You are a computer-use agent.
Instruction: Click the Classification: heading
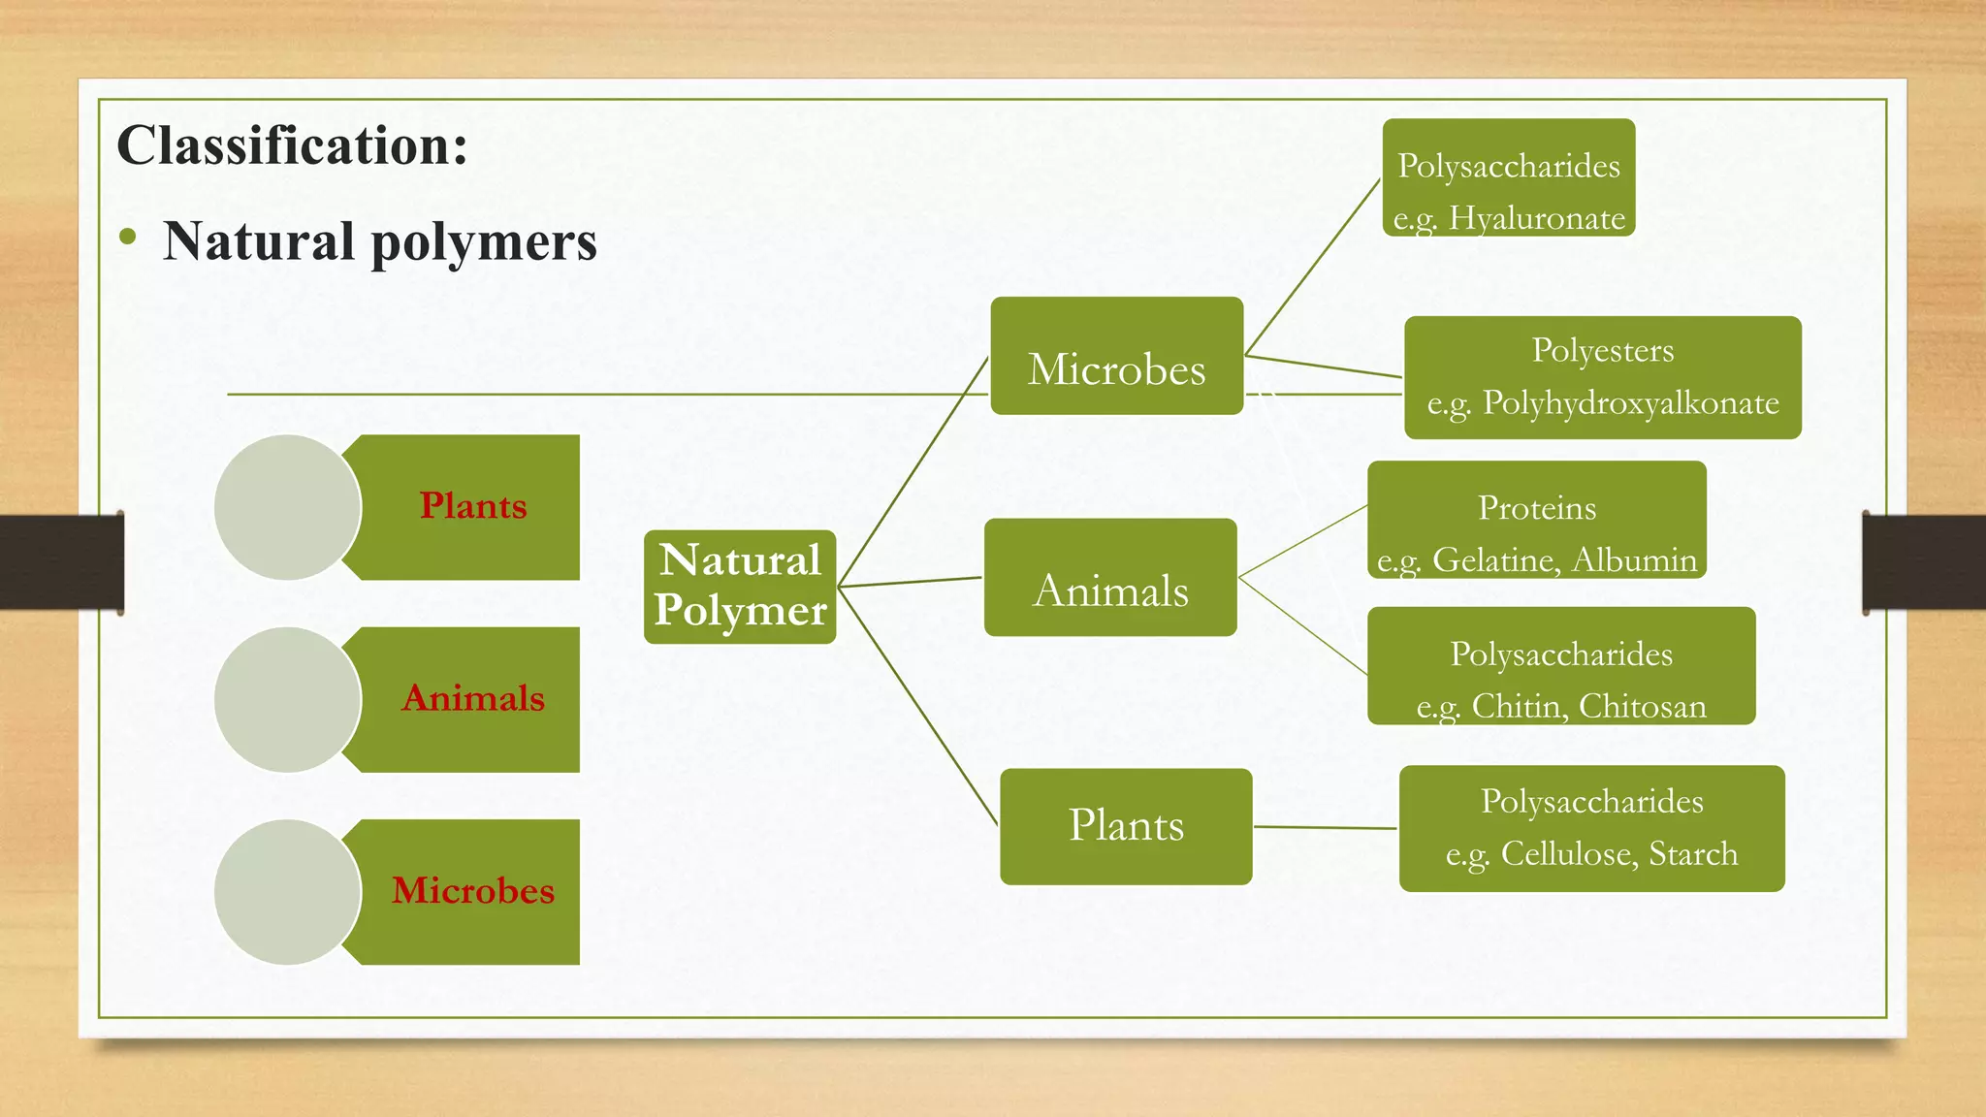[x=292, y=145]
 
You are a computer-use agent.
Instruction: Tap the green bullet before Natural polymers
[x=127, y=238]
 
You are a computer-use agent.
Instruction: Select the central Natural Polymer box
[x=740, y=587]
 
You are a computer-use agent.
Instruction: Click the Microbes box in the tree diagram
[x=1116, y=357]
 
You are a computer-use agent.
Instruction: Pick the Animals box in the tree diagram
[x=1110, y=579]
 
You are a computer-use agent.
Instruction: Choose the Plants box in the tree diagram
[x=1126, y=826]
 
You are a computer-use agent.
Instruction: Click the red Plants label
[x=473, y=506]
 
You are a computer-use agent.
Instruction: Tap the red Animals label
[x=473, y=698]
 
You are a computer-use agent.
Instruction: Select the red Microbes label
[x=473, y=890]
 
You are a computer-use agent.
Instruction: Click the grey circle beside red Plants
[x=287, y=507]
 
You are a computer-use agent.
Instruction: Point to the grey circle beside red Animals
[x=287, y=699]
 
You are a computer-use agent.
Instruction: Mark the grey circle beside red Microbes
[x=287, y=892]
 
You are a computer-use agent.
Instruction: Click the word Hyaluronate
[x=1536, y=219]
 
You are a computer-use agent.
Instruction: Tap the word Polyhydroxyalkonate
[x=1630, y=402]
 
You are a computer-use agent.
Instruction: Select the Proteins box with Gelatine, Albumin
[x=1536, y=520]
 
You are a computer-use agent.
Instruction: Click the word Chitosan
[x=1642, y=706]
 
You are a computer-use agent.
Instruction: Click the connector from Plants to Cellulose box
[x=1325, y=828]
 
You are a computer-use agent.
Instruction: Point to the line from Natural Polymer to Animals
[x=910, y=582]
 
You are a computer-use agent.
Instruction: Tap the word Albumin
[x=1634, y=560]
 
